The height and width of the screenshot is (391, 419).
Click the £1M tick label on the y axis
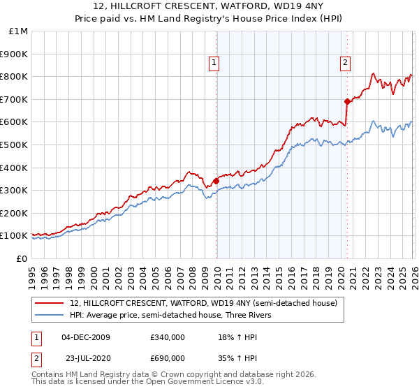click(17, 31)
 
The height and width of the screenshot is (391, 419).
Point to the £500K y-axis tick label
click(15, 145)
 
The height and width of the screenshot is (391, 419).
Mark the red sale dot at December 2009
click(216, 181)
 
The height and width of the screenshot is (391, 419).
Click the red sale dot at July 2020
click(346, 101)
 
